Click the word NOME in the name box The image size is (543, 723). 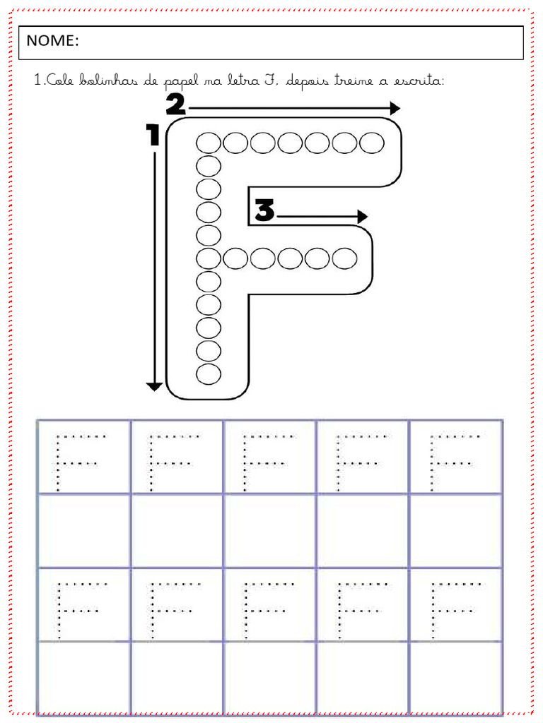(x=50, y=40)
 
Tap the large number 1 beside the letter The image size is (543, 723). (x=153, y=135)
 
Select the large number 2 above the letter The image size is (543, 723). (x=176, y=104)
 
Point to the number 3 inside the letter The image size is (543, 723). (x=265, y=210)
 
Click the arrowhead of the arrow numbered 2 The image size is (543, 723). (x=395, y=108)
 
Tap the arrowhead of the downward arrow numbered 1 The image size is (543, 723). (x=154, y=387)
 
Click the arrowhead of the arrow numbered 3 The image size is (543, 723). (x=363, y=216)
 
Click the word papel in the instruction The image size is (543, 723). (x=182, y=82)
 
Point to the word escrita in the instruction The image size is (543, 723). (x=418, y=80)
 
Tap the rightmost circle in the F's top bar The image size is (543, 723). (x=372, y=143)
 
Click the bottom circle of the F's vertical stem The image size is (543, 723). (x=209, y=374)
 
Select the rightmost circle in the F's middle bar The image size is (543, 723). (x=344, y=258)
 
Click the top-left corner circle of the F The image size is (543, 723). (x=209, y=143)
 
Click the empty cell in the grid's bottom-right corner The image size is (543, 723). (x=456, y=677)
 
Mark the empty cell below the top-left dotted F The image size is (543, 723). (x=84, y=531)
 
